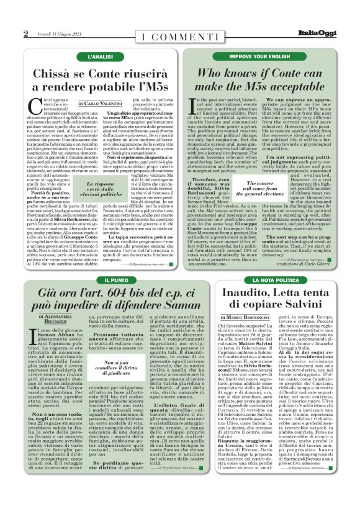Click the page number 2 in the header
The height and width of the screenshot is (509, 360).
tap(25, 34)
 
